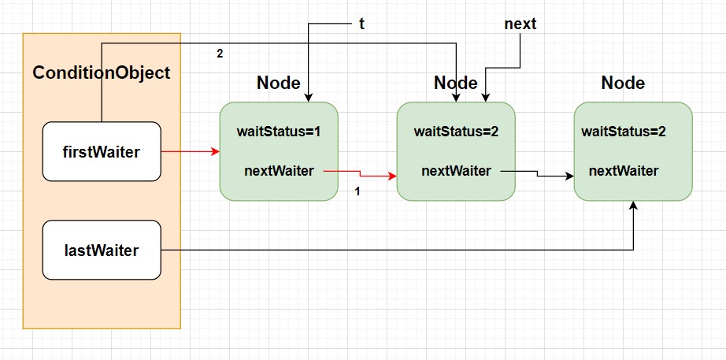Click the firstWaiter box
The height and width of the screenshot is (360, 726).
click(x=102, y=151)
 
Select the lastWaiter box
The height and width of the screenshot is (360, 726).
click(x=102, y=251)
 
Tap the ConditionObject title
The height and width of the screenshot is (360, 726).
click(x=102, y=72)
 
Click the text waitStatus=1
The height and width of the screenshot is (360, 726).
click(x=279, y=132)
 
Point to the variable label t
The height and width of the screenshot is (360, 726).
click(x=361, y=24)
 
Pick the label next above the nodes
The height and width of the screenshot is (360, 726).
click(x=520, y=24)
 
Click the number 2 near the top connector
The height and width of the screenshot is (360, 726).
click(x=220, y=54)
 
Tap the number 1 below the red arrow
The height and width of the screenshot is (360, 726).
click(x=357, y=191)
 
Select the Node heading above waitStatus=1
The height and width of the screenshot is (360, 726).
click(x=279, y=84)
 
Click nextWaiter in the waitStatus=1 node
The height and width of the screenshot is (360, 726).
click(x=279, y=171)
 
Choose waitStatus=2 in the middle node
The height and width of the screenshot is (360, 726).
click(x=456, y=132)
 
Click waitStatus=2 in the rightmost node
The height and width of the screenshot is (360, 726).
click(x=624, y=132)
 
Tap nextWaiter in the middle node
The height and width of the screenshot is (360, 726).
click(x=456, y=171)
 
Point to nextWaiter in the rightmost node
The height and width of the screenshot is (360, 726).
click(x=624, y=171)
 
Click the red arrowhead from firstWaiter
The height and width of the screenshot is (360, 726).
click(x=215, y=151)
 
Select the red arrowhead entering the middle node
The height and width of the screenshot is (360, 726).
click(x=393, y=176)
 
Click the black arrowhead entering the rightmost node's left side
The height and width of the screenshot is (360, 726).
click(x=569, y=176)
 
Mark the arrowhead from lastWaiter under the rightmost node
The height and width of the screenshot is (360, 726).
click(x=633, y=206)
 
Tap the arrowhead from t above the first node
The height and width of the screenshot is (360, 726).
click(x=309, y=98)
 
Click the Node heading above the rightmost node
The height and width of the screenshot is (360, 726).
click(x=623, y=84)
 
